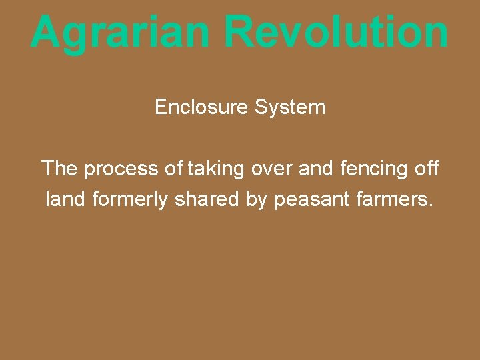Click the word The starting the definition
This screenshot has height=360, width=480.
tap(59, 168)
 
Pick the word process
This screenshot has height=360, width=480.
tap(123, 169)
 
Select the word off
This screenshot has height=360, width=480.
tap(427, 168)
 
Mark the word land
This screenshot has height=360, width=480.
tap(65, 199)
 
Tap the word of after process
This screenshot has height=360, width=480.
tap(173, 168)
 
